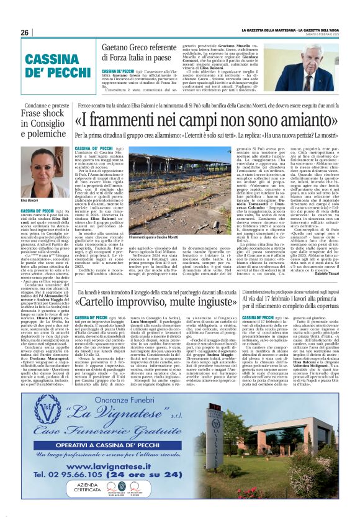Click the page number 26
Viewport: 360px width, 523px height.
24,33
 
